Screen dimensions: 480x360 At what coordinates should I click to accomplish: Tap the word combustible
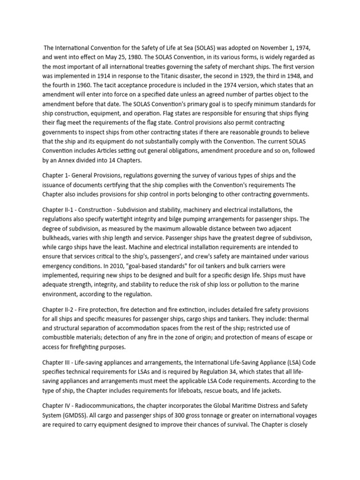[60, 337]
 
